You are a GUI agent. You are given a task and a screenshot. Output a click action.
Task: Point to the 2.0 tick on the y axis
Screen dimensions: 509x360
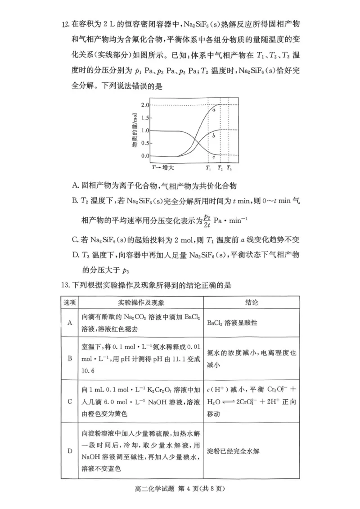[x=144, y=105]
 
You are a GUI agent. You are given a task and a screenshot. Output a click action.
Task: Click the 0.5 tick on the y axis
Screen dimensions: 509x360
[x=144, y=143]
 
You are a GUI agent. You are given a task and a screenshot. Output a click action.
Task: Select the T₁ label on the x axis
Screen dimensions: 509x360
[x=208, y=168]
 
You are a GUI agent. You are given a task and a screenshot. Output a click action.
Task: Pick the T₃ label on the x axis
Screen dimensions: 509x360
[x=229, y=168]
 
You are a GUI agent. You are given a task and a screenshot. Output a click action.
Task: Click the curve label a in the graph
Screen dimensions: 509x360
[x=214, y=110]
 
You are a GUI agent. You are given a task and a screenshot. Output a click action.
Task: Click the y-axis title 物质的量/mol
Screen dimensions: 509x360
[x=134, y=131]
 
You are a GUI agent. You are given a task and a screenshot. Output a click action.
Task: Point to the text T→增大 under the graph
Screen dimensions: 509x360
[x=163, y=167]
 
